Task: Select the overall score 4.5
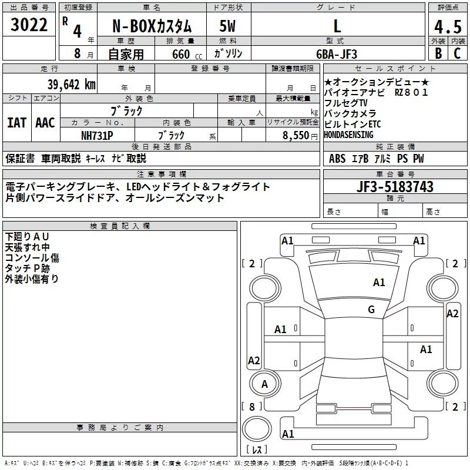[x=447, y=26]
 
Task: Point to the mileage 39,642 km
[x=72, y=84]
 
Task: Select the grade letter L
[x=337, y=26]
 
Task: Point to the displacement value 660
[x=180, y=55]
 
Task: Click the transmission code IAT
[x=16, y=123]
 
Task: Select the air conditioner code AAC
[x=45, y=123]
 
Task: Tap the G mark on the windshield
[x=371, y=310]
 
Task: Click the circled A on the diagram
[x=265, y=384]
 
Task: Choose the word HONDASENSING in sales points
[x=352, y=135]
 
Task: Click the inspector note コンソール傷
[x=32, y=257]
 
